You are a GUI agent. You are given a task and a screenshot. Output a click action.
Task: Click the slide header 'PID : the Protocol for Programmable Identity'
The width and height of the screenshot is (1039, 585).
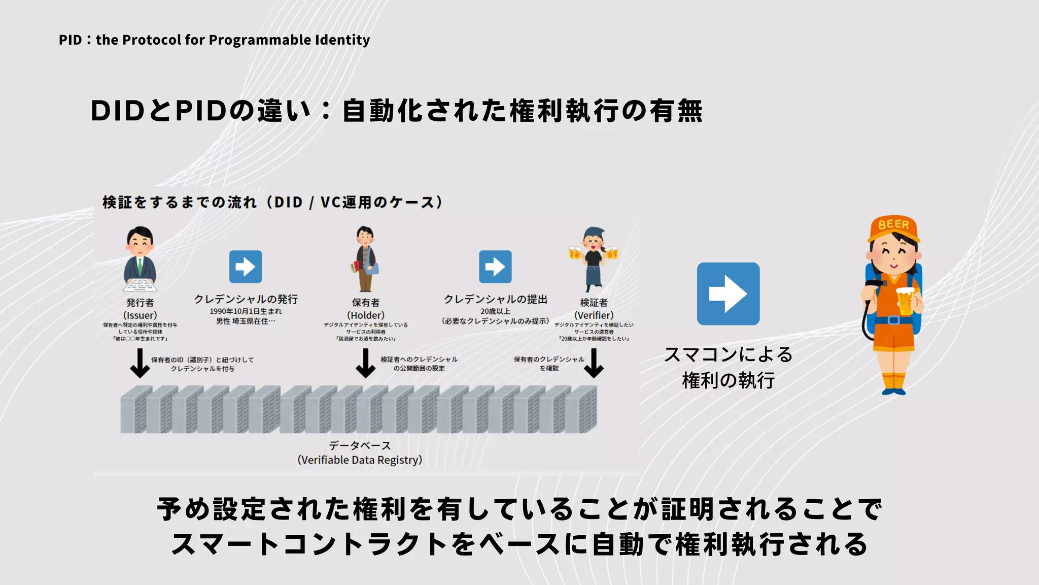tap(214, 40)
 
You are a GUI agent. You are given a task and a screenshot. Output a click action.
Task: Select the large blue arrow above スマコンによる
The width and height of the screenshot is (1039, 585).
tap(728, 294)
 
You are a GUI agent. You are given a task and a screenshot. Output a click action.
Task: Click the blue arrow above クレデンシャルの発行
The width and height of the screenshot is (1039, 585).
tap(246, 267)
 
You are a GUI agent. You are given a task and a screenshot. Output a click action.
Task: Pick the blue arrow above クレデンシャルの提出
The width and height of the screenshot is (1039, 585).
tap(495, 267)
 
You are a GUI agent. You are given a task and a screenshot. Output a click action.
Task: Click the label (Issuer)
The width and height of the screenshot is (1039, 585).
tap(140, 315)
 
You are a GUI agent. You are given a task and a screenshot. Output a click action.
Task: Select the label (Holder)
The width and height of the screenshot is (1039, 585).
tap(366, 315)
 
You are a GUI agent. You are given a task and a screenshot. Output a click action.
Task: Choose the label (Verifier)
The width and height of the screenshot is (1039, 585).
tap(594, 315)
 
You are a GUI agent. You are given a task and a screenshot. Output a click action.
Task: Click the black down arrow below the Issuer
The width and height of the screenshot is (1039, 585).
tap(140, 364)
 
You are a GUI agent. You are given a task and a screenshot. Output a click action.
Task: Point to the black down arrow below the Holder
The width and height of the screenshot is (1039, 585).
tap(365, 364)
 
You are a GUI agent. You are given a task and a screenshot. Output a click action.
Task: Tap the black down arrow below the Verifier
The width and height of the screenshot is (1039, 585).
tap(594, 364)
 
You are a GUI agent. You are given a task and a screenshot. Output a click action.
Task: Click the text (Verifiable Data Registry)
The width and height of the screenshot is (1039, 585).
tap(360, 460)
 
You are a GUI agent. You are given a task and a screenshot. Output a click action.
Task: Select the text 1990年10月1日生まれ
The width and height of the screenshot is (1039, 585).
tap(246, 311)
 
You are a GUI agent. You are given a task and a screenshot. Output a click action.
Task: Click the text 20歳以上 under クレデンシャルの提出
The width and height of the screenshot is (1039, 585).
tap(495, 311)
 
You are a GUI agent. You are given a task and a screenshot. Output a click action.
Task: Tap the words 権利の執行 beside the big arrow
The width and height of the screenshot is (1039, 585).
tap(728, 380)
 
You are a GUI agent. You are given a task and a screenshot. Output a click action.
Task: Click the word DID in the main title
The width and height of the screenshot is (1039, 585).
tap(118, 111)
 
